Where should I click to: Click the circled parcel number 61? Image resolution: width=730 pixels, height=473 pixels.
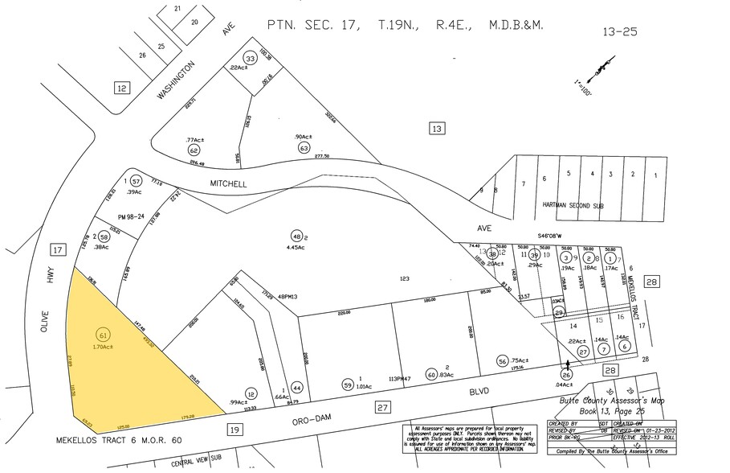(103, 334)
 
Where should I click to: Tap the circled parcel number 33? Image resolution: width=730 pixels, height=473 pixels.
(251, 59)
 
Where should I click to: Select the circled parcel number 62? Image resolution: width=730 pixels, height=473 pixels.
(194, 150)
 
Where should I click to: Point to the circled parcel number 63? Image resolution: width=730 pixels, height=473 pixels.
(304, 148)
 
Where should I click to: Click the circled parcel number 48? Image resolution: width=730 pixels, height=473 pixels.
(296, 236)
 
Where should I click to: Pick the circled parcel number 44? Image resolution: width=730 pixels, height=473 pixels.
(297, 387)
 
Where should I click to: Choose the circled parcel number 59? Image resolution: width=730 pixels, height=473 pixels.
(348, 384)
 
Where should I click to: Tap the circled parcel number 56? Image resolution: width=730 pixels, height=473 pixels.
(503, 361)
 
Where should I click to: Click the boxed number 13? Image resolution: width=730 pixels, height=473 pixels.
(436, 128)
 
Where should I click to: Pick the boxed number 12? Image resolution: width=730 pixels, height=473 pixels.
(121, 88)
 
